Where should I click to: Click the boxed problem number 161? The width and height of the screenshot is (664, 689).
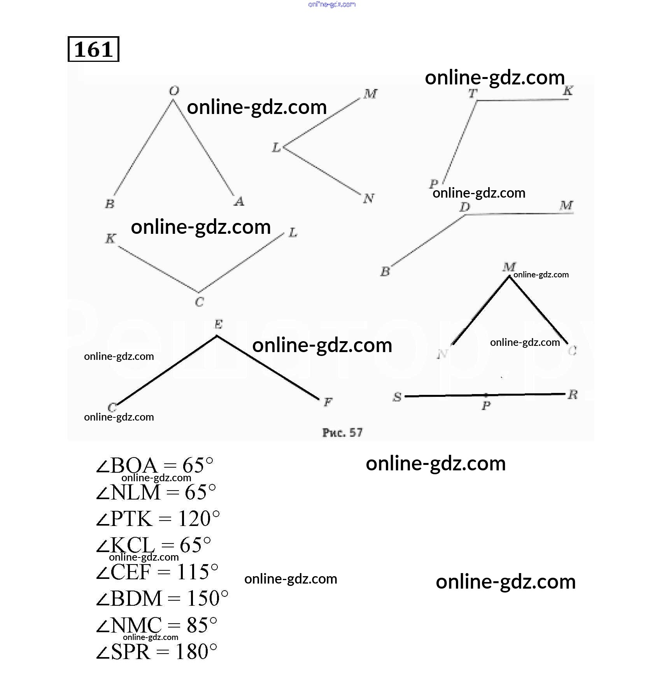click(93, 49)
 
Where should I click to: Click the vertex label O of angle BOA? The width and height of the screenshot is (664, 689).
click(174, 91)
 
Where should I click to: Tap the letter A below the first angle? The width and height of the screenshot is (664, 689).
click(239, 201)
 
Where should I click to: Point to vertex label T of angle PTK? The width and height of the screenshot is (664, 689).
click(473, 93)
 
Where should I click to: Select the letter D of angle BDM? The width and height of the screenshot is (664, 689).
click(464, 207)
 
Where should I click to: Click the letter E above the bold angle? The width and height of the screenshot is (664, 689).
click(218, 324)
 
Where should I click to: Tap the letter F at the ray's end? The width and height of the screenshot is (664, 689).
click(328, 402)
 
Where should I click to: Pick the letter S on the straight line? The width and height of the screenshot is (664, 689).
click(397, 397)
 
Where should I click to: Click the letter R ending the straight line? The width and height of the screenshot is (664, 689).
click(572, 394)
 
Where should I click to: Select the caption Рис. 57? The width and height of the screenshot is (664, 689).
click(342, 432)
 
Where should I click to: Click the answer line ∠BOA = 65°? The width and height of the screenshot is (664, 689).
click(155, 465)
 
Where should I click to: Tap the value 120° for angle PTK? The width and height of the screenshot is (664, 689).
click(198, 519)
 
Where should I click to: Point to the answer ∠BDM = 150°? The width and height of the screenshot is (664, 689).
click(162, 598)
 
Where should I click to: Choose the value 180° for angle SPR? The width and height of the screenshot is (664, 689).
click(196, 652)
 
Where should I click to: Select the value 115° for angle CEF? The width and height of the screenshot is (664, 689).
click(197, 572)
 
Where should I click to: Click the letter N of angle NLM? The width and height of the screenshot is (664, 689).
click(368, 198)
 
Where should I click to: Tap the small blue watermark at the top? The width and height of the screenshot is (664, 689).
click(332, 4)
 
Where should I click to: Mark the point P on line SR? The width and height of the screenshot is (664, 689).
click(486, 395)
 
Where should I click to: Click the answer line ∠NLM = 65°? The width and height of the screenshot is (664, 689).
click(156, 492)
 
